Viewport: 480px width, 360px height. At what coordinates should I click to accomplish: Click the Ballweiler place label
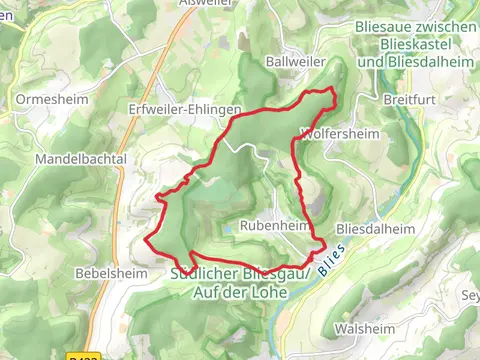coord(291,61)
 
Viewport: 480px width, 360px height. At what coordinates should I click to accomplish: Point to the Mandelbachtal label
coord(79,159)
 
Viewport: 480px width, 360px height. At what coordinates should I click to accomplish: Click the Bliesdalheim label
coord(375,227)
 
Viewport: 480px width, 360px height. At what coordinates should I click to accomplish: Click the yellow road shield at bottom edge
coord(85,355)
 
